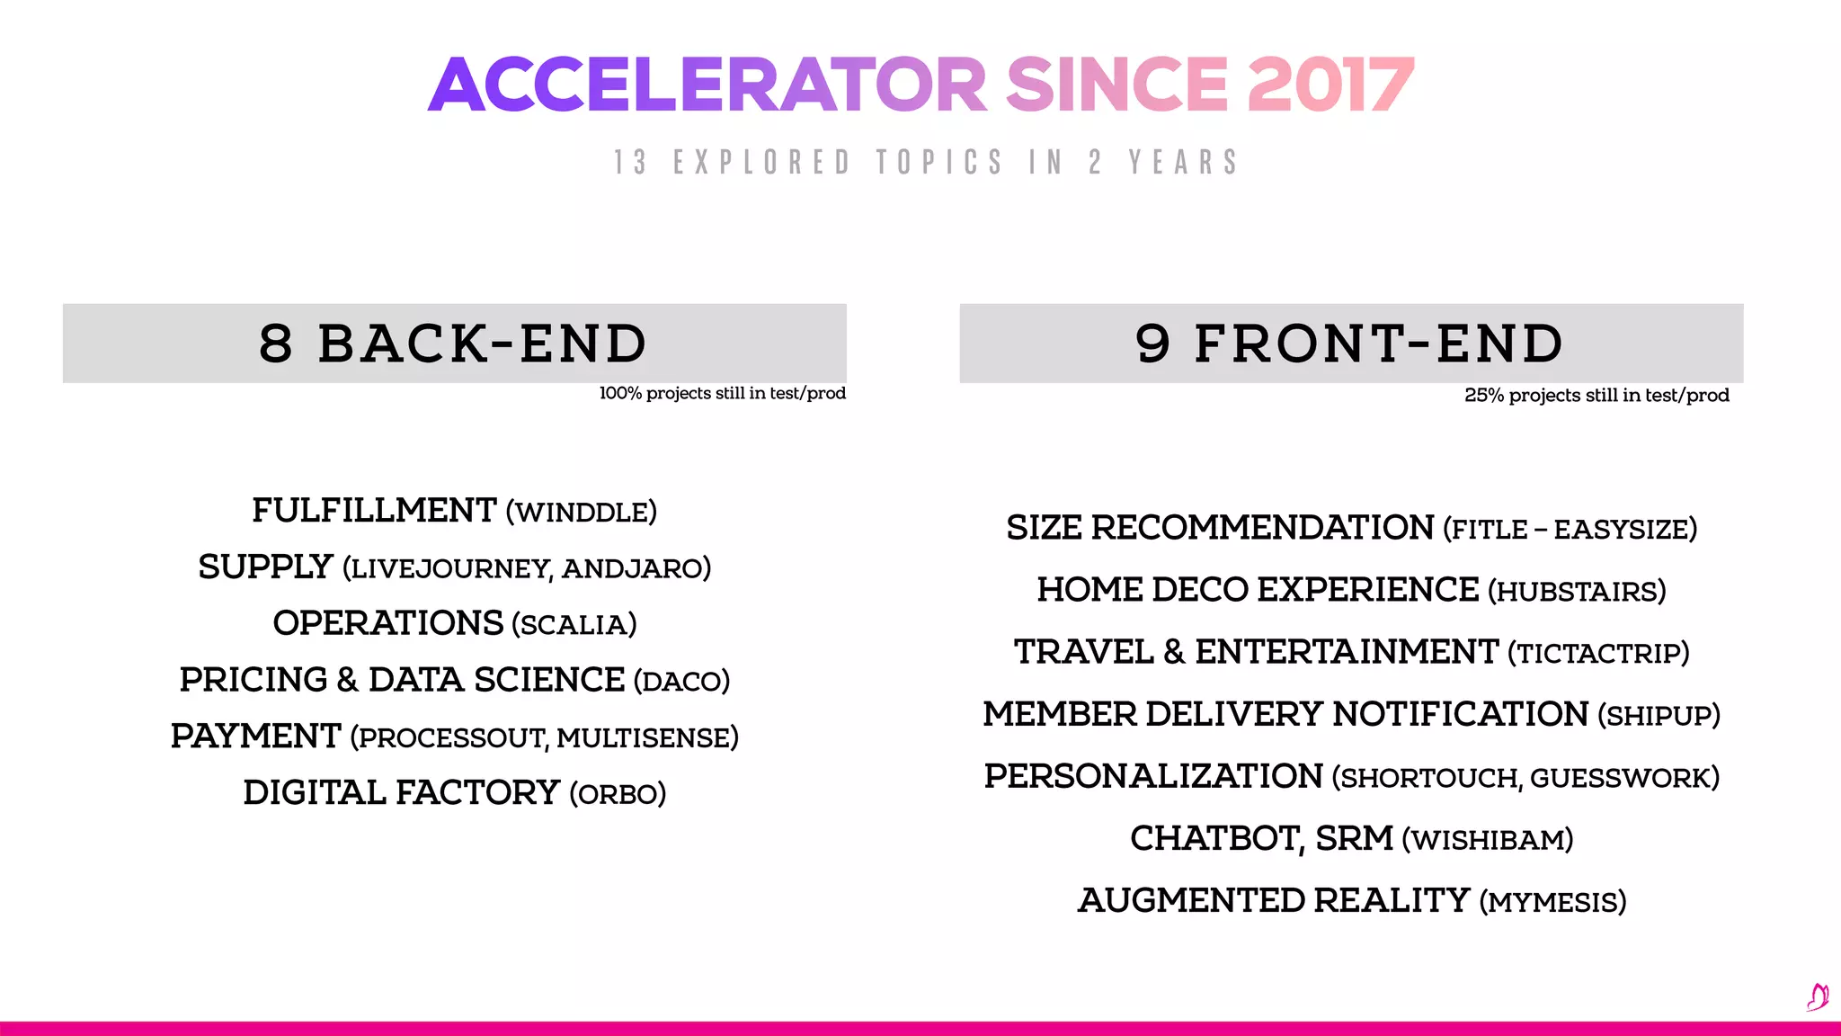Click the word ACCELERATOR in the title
coord(707,85)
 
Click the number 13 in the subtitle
coord(630,163)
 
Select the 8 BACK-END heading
coord(454,344)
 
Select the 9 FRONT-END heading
coord(1350,344)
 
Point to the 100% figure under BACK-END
coord(619,393)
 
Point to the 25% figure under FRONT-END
coord(1484,396)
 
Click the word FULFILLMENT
coord(374,511)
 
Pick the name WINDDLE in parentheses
coord(581,513)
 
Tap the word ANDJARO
coord(632,568)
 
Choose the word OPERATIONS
coord(388,623)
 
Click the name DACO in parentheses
coord(681,682)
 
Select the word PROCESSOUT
coord(452,738)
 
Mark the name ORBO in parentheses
coord(618,795)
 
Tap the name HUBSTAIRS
coord(1577,592)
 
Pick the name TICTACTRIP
coord(1598,654)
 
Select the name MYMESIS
coord(1552,902)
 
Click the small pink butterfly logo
coord(1818,996)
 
